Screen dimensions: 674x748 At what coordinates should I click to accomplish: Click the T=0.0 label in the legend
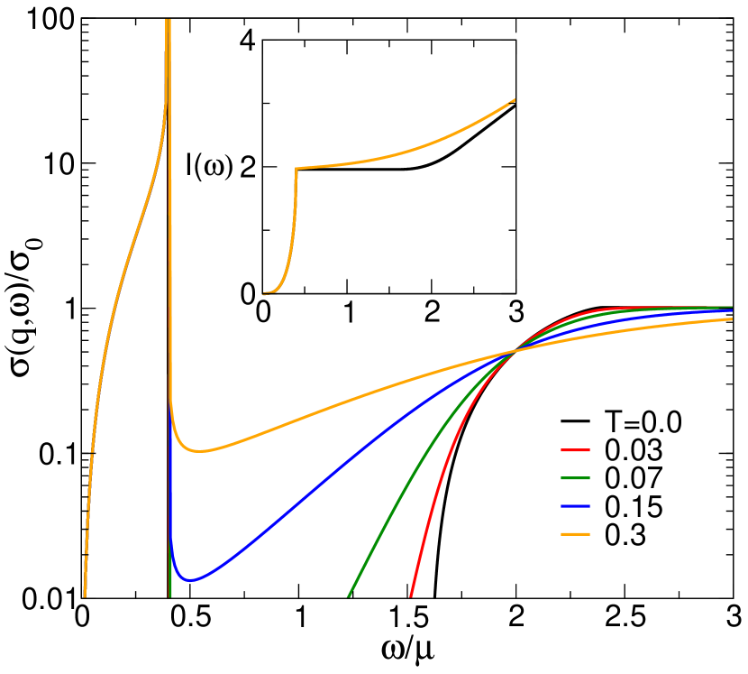644,421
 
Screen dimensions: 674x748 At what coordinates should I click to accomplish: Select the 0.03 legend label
633,450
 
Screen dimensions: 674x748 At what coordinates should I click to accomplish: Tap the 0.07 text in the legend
633,478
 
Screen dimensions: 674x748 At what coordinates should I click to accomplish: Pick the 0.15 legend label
633,507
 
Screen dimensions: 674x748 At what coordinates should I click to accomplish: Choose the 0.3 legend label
625,535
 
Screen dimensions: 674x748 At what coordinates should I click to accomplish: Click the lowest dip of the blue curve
191,579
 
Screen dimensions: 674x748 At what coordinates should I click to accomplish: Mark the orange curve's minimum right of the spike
202,451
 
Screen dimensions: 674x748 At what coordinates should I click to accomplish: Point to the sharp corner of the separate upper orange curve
296,168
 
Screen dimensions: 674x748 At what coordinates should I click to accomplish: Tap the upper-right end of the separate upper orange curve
515,98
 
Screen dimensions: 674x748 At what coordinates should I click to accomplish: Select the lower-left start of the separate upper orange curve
264,293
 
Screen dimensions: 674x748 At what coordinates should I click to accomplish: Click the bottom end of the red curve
411,596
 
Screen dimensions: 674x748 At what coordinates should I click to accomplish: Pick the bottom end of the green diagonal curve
349,596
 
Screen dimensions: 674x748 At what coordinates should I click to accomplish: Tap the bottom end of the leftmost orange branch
85,596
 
